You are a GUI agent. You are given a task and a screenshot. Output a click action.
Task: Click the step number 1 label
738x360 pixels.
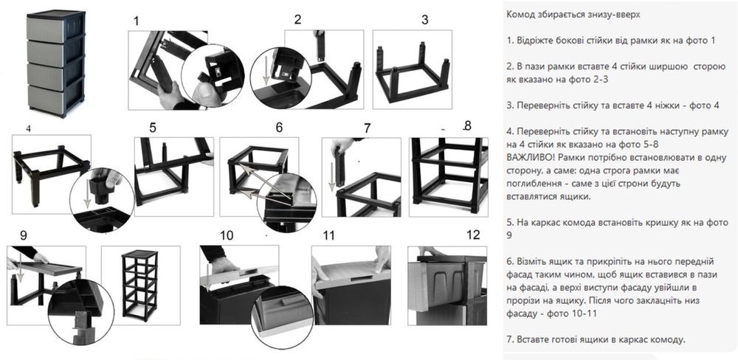pyautogui.click(x=136, y=21)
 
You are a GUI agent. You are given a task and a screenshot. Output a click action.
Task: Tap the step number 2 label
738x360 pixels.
pyautogui.click(x=297, y=19)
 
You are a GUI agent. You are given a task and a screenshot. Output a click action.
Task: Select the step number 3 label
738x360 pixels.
pyautogui.click(x=424, y=19)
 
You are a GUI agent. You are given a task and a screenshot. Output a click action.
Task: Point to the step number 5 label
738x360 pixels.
pyautogui.click(x=153, y=127)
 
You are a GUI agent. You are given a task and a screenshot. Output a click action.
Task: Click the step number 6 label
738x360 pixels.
pyautogui.click(x=279, y=127)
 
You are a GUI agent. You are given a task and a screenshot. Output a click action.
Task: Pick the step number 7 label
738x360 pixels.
pyautogui.click(x=367, y=128)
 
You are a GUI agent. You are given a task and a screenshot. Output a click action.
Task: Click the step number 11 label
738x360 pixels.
pyautogui.click(x=329, y=235)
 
